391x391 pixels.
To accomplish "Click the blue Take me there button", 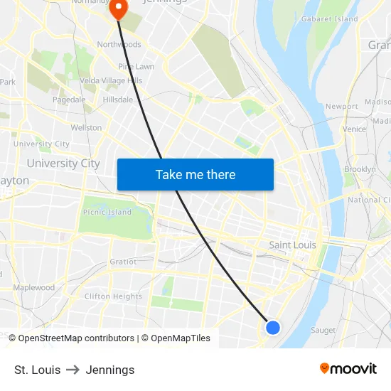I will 195,174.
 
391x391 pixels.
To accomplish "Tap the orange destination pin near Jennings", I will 117,9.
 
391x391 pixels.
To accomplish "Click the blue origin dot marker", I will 273,328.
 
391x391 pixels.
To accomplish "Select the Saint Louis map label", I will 292,245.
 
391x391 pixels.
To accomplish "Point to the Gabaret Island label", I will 330,19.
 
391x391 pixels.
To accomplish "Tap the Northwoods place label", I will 119,44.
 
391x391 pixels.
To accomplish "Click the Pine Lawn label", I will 136,66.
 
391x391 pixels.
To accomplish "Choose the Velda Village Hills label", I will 110,80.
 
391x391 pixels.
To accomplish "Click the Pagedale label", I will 69,100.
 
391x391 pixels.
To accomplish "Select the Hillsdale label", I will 117,100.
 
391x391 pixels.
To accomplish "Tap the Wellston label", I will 86,128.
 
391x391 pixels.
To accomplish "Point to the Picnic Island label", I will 107,212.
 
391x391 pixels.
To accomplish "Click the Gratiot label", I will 123,262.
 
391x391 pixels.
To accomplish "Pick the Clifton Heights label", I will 113,296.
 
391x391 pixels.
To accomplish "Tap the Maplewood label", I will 33,288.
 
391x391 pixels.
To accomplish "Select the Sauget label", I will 323,330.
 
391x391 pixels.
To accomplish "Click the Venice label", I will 354,129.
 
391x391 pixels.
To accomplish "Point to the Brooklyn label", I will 360,169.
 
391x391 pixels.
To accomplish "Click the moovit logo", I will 348,368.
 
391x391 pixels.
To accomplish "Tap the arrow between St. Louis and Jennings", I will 73,370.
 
